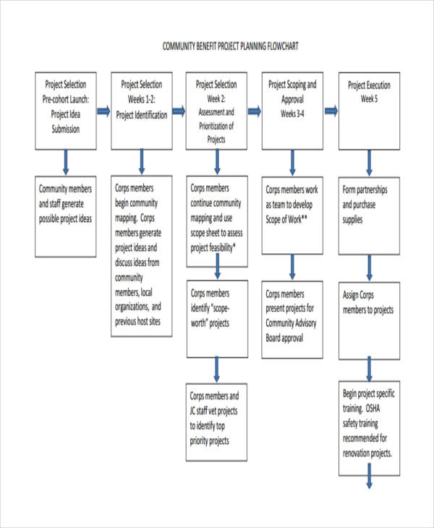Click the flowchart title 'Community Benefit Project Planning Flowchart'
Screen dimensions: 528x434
[230, 46]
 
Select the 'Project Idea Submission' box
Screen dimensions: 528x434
[65, 110]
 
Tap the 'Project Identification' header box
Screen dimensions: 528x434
[142, 110]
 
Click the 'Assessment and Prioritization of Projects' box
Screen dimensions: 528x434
[216, 110]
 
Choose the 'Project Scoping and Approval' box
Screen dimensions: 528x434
[292, 110]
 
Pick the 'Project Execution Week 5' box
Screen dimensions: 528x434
[369, 110]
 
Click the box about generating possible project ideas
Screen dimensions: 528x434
[65, 205]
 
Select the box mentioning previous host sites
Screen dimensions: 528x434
[142, 256]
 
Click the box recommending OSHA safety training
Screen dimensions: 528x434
[369, 429]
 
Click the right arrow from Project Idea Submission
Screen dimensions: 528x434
[103, 111]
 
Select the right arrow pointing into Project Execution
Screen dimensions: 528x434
[331, 111]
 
